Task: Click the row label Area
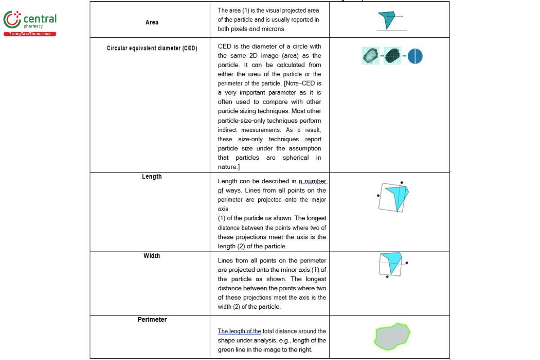tap(152, 22)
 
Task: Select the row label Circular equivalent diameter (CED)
tap(152, 48)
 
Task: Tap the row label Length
tap(152, 176)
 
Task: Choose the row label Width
tap(152, 256)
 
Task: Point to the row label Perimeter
tap(152, 319)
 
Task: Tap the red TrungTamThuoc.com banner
tap(30, 34)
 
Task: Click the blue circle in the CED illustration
tap(415, 56)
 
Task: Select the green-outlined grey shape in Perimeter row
tap(392, 337)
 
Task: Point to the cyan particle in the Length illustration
tap(398, 195)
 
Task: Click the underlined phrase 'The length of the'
tap(239, 331)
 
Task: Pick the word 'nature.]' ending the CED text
tap(229, 167)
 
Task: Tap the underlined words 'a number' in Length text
tap(313, 181)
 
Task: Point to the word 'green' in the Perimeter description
tap(227, 350)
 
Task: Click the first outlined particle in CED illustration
tap(370, 56)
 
